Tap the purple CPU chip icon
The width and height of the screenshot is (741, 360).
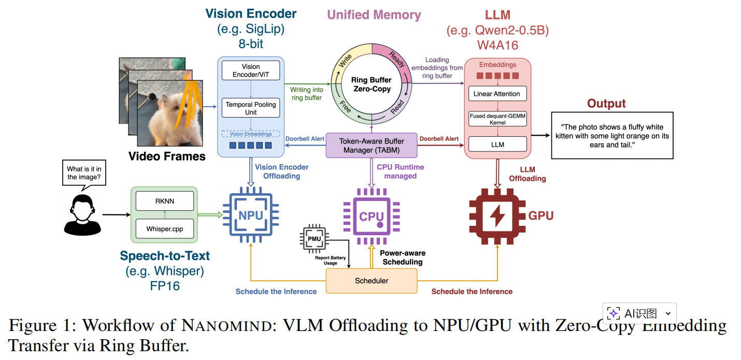tap(372, 217)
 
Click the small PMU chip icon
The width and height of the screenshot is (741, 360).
tap(314, 239)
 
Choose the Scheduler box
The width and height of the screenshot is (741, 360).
tap(371, 281)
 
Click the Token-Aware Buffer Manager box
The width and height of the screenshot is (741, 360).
tap(371, 145)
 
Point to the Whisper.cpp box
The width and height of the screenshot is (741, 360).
tap(164, 228)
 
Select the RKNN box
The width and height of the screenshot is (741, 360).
tap(164, 200)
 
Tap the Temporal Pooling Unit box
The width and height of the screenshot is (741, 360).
tap(251, 108)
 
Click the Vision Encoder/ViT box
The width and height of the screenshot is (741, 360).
tap(251, 70)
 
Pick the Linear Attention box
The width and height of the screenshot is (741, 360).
tap(497, 94)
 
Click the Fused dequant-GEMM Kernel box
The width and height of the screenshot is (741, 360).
tap(497, 119)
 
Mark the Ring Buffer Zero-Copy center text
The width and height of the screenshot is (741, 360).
tap(371, 85)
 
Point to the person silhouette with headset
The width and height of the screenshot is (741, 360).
tap(82, 214)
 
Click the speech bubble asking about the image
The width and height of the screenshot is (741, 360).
tap(83, 172)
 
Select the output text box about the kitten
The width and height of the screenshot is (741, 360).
tap(611, 135)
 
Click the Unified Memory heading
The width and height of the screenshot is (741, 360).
tap(374, 15)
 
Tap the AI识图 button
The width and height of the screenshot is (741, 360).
tap(639, 313)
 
